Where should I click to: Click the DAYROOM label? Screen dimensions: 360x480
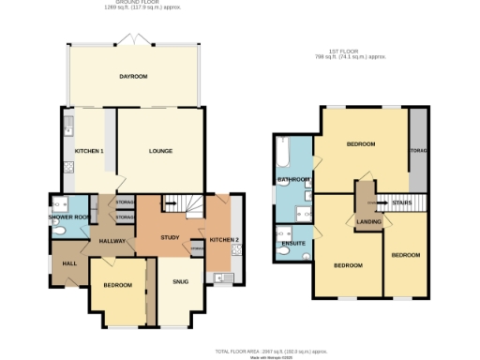tap(133, 77)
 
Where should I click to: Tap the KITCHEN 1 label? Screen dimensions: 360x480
tap(89, 151)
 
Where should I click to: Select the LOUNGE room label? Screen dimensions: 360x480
tap(161, 151)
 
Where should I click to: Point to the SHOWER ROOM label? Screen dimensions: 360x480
tap(68, 217)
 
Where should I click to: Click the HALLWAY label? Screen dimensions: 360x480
tap(113, 241)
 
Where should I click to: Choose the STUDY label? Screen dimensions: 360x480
tap(170, 238)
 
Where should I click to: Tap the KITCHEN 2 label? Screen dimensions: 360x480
tap(224, 241)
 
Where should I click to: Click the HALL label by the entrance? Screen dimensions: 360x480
tap(69, 262)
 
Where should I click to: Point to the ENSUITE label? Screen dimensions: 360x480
tap(293, 243)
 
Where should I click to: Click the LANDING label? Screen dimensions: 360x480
tap(367, 221)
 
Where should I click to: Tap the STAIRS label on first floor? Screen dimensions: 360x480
tap(402, 202)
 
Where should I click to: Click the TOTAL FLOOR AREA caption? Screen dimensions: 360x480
tap(272, 350)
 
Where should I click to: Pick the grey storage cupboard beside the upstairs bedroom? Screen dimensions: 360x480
tap(417, 150)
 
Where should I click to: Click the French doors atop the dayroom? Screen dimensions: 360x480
tap(133, 39)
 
